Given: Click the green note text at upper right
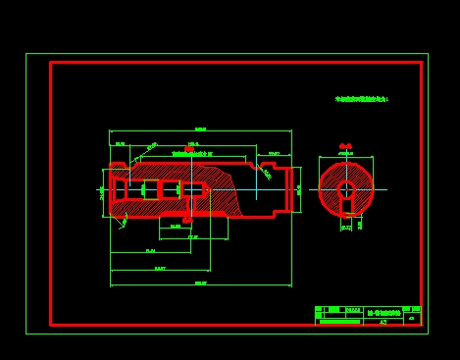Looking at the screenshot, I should click(x=362, y=99).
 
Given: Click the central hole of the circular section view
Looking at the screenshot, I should click(x=346, y=188).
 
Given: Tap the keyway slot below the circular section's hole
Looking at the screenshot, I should click(x=346, y=207).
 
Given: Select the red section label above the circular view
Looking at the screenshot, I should click(x=345, y=146).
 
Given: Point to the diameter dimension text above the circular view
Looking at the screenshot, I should click(x=345, y=154).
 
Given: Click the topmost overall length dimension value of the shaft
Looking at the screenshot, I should click(x=200, y=129).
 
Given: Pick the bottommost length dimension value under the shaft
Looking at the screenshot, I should click(x=200, y=283).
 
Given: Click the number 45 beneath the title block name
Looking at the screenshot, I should click(x=383, y=321).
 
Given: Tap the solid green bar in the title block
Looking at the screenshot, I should click(x=339, y=321).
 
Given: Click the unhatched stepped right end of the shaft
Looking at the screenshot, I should click(x=280, y=188).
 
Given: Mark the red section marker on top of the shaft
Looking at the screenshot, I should click(x=189, y=149).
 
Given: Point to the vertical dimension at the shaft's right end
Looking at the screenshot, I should click(x=299, y=189).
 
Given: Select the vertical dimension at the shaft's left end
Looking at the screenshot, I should click(x=102, y=192).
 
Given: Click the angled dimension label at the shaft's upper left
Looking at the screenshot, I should click(x=151, y=147).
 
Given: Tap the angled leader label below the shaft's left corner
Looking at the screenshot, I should click(x=124, y=222).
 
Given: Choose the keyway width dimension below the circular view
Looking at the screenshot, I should click(x=346, y=227).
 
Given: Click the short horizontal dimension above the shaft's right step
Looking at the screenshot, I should click(x=274, y=153).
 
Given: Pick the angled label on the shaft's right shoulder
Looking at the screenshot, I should click(x=266, y=174).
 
